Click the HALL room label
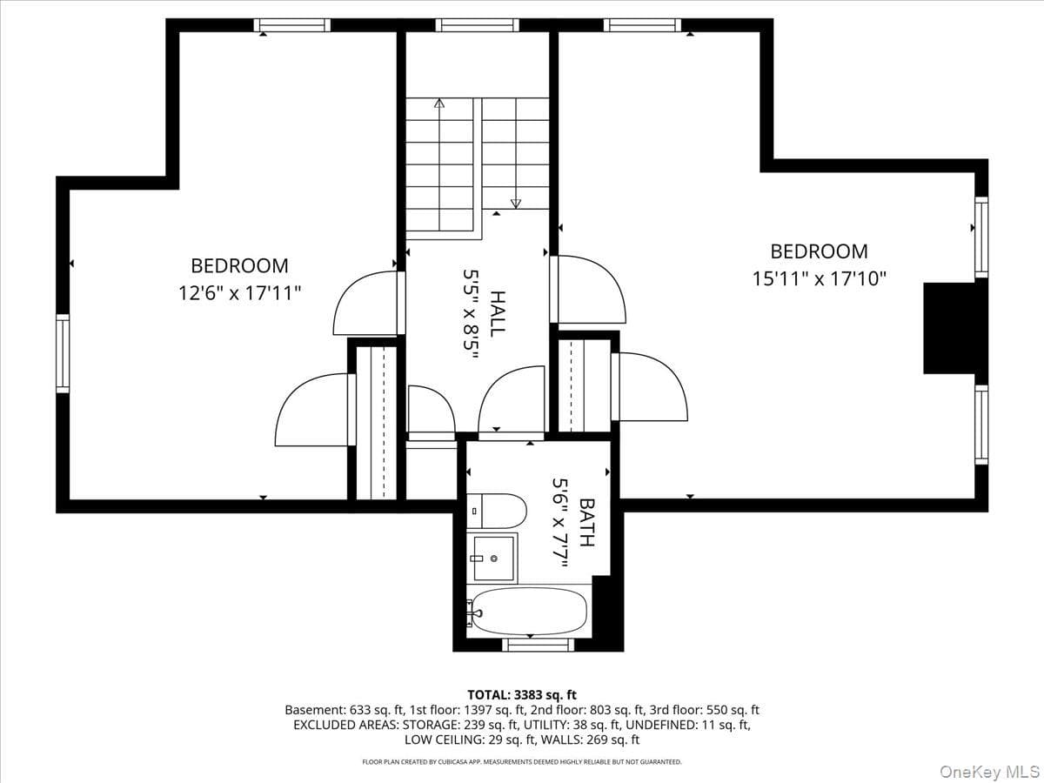498,314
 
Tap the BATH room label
587,523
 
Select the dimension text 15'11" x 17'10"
819,279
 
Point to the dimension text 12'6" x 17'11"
240,293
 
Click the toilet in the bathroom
497,511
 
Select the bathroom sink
492,559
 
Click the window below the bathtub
539,645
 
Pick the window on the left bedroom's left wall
63,353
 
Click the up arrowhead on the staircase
439,103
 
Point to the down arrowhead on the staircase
516,204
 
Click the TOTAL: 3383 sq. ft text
522,695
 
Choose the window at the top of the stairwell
477,25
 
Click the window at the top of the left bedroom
292,25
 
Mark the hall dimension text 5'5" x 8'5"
471,314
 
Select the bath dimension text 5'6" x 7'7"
559,523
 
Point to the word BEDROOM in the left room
240,265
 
